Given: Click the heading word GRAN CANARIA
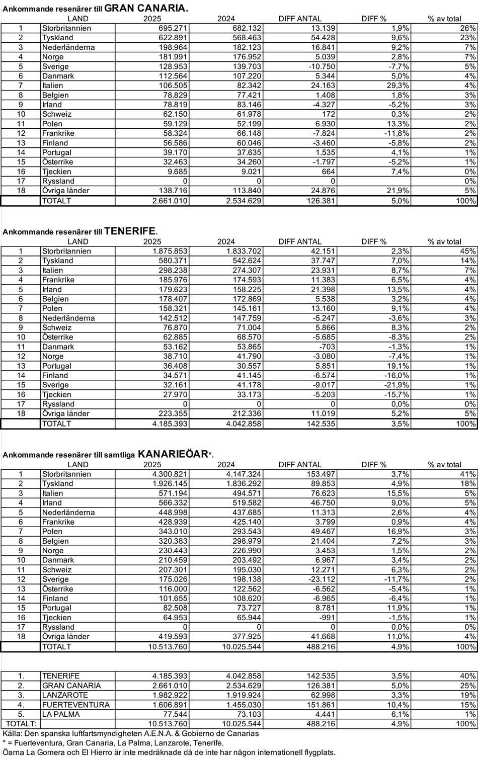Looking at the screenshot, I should click(146, 8).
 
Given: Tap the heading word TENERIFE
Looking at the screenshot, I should click(130, 231).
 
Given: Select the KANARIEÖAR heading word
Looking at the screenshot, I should click(173, 454).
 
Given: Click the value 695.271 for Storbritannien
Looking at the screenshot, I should click(174, 28).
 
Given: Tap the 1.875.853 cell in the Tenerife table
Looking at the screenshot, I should click(170, 251).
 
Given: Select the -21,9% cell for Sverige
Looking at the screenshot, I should click(396, 385).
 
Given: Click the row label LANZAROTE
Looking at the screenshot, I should click(65, 695).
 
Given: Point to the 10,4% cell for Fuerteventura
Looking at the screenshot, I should click(398, 705).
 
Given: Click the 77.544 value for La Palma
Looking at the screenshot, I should click(176, 714).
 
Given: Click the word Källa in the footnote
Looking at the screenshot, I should click(12, 733).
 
